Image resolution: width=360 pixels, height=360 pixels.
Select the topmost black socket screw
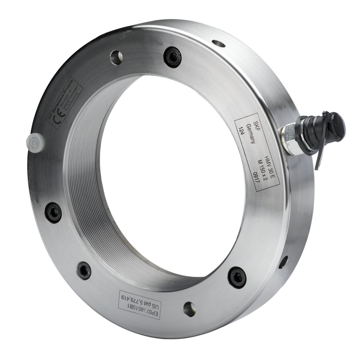click(x=172, y=57)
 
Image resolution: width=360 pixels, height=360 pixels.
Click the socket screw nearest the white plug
click(x=53, y=212)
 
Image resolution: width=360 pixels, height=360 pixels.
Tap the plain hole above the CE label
click(x=116, y=57)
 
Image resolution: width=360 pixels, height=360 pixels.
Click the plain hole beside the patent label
click(x=189, y=309)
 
